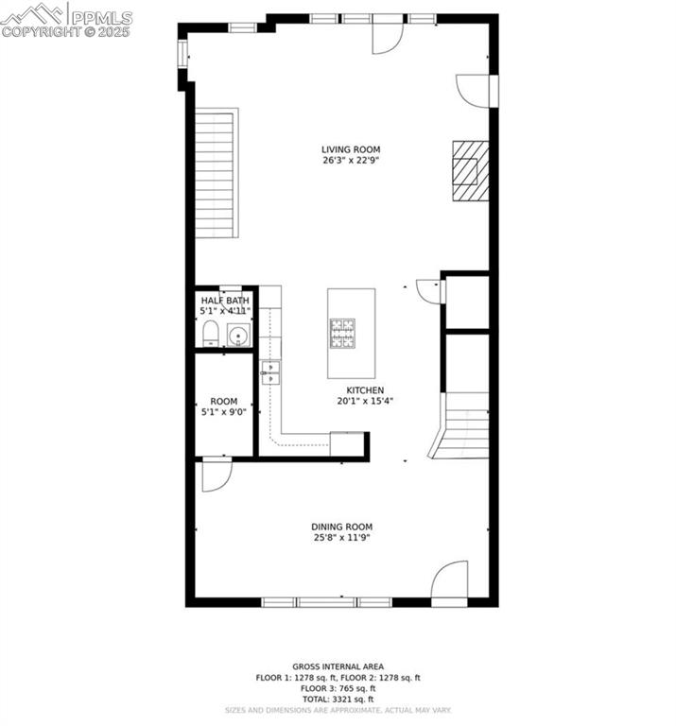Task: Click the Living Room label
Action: (x=338, y=149)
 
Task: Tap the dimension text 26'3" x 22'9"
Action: (x=338, y=161)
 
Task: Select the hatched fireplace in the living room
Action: (x=470, y=170)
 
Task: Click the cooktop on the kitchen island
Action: (x=342, y=332)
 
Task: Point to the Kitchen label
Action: (x=365, y=389)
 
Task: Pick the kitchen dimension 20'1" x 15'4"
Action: (x=365, y=401)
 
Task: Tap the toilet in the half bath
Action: (x=211, y=333)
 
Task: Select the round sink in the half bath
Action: (x=238, y=334)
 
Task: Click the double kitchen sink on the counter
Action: (x=270, y=372)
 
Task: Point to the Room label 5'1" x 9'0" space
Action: (x=224, y=401)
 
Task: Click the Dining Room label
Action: (x=342, y=527)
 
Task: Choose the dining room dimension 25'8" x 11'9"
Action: (x=342, y=538)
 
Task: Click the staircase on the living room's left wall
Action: (x=216, y=175)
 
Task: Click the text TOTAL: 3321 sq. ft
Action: (x=338, y=699)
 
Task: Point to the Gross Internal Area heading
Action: (x=338, y=667)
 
